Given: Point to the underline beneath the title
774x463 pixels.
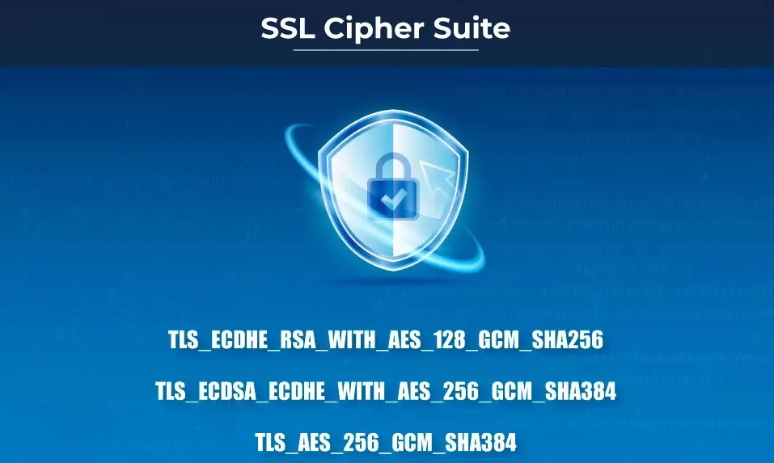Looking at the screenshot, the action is click(386, 50).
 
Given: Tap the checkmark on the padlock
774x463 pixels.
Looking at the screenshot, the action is click(391, 196).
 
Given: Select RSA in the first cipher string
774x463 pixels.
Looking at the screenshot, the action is click(292, 340).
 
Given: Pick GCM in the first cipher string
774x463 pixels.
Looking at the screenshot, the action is click(495, 340).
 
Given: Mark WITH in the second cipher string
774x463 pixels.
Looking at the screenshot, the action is click(368, 392).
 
